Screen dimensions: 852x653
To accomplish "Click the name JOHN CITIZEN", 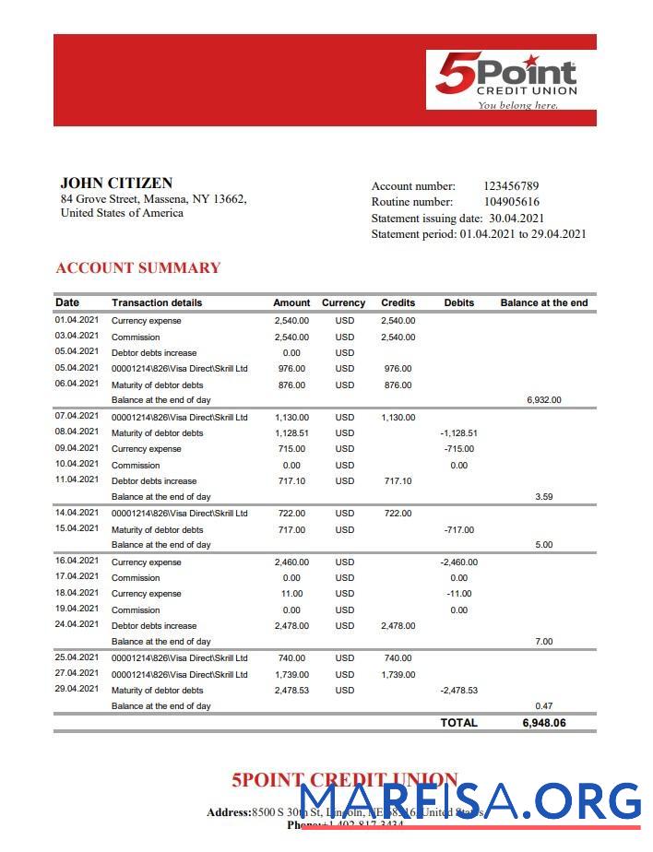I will [x=116, y=183].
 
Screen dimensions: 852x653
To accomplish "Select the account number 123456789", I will [x=511, y=186].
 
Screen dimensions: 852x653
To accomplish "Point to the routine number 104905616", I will [x=511, y=202].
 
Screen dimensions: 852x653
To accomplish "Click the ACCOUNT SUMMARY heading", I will [x=138, y=268].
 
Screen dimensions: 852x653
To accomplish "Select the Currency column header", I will [x=343, y=302].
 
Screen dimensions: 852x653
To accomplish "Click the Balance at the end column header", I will [x=543, y=302].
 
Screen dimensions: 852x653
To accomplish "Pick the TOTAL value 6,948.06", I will [x=544, y=723].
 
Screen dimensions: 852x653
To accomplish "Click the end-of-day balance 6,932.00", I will [x=543, y=400].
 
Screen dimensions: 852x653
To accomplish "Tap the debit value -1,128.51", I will [x=458, y=432].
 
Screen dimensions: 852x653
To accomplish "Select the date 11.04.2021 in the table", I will [x=77, y=479].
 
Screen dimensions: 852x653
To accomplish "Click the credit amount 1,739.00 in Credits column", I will [x=398, y=675].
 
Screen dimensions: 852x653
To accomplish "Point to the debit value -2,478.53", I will [x=458, y=691].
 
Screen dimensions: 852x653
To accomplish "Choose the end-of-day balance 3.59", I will [x=543, y=497].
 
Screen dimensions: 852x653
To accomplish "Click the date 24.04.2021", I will [x=77, y=624].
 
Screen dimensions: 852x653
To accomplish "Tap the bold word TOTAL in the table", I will [x=458, y=723].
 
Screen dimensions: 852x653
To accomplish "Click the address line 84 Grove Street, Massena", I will [x=153, y=198].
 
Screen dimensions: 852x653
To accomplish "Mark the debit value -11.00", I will [x=458, y=594].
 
